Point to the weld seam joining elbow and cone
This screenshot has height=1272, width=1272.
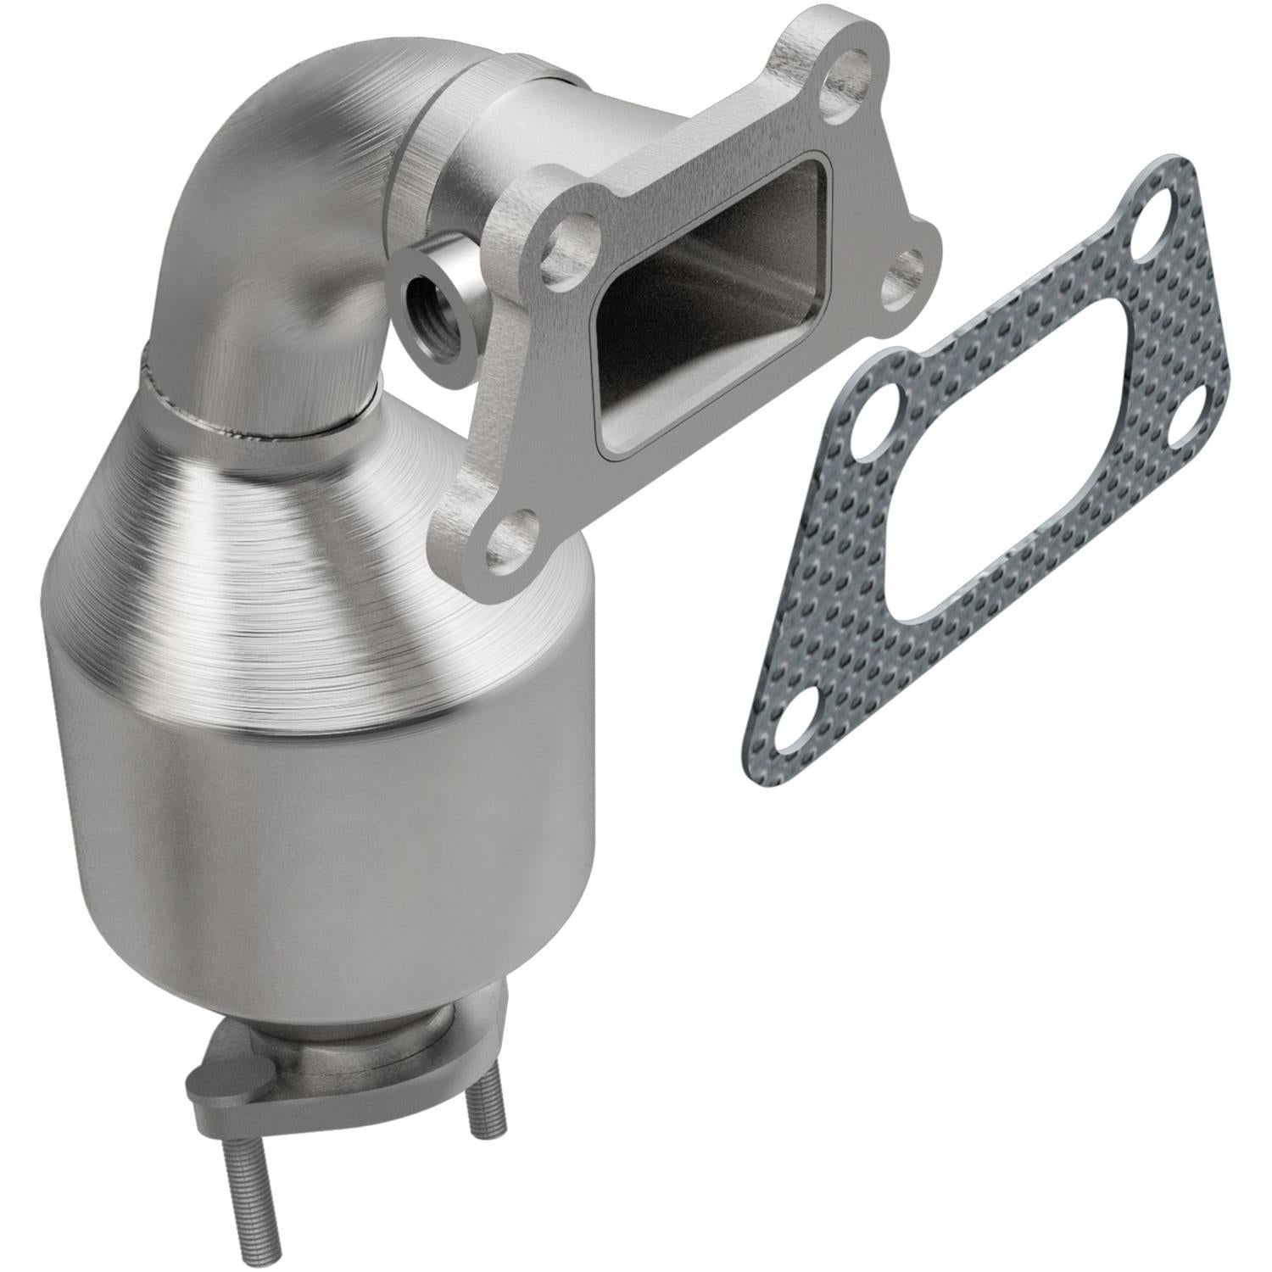[x=254, y=399]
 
